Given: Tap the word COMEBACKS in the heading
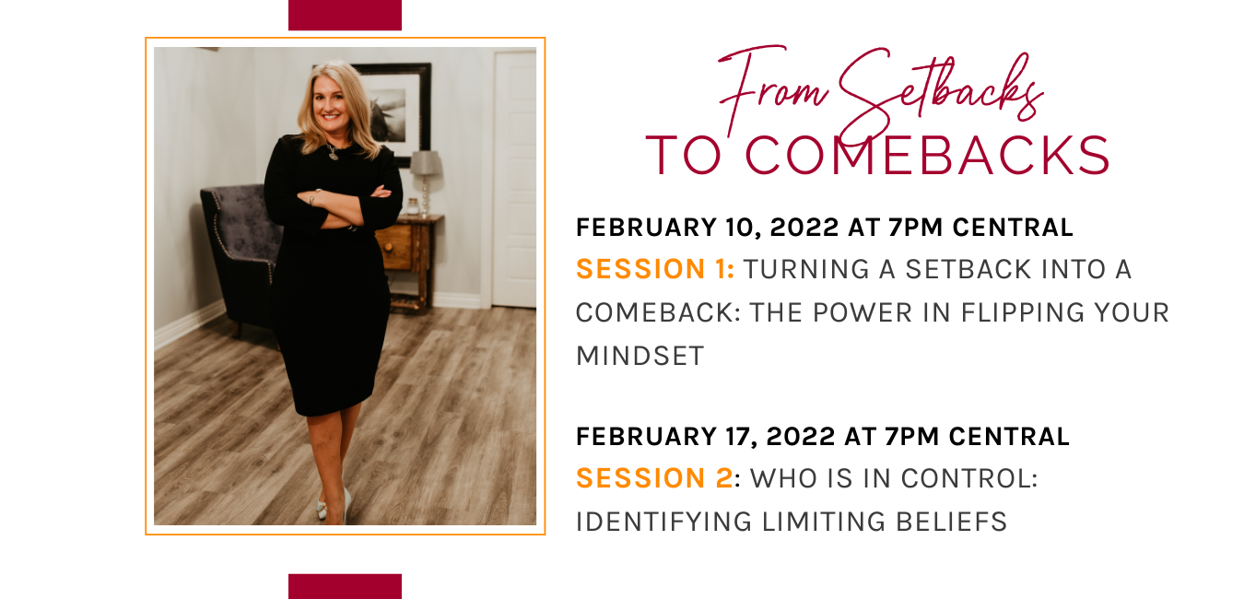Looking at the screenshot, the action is point(926,156).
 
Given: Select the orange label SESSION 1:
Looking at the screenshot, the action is point(655,269).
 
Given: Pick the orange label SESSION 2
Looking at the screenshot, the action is point(654,478).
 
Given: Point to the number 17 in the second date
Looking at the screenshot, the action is point(739,436).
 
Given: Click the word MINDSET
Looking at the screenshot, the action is point(640,356).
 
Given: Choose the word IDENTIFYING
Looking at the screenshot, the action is point(663,522).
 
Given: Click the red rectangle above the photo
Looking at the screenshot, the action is point(345,15).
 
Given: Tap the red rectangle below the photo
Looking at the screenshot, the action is point(345,586).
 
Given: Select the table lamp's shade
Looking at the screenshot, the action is point(426,162).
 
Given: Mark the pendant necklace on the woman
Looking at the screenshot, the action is point(333,153).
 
